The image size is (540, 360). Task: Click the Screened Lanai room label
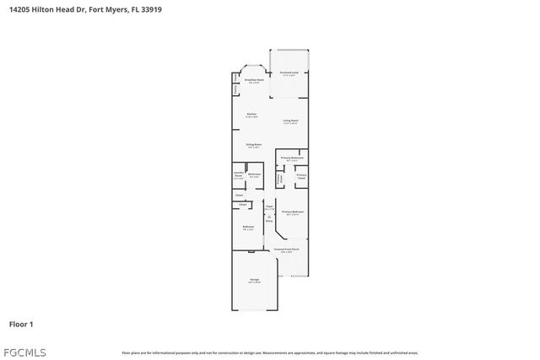point(289,73)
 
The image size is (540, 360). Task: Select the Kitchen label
point(251,115)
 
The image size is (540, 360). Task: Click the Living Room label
point(289,121)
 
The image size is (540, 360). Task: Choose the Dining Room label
point(253,145)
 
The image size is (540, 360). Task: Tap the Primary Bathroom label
point(292,158)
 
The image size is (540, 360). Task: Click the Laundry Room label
point(238,175)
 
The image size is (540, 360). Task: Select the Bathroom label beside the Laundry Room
point(254,175)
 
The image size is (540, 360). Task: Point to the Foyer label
point(269,207)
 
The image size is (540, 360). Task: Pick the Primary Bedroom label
point(292,212)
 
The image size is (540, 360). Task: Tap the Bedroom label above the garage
point(249,227)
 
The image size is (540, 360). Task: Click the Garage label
point(253,280)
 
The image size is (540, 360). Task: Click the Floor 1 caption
point(21,324)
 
